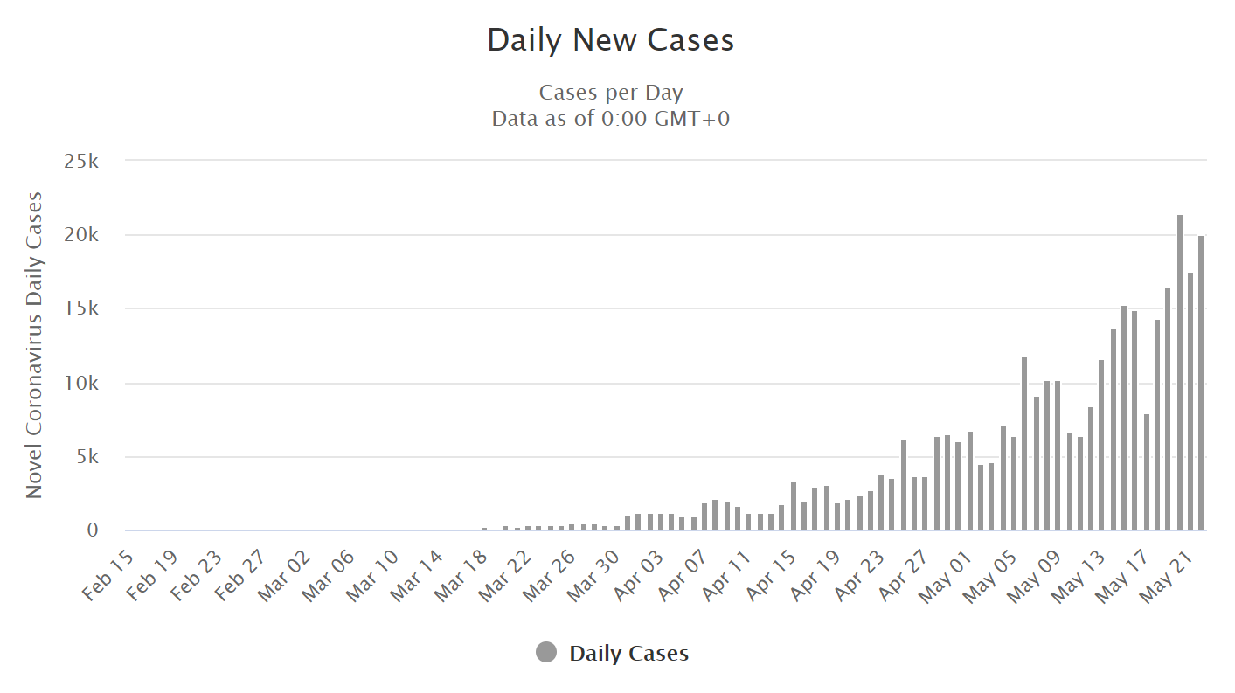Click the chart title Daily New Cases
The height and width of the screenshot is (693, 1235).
610,40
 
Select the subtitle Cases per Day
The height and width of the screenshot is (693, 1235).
611,93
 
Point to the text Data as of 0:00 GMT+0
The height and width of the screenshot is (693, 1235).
611,119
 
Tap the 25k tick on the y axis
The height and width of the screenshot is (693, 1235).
81,161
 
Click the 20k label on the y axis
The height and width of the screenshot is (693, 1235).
81,235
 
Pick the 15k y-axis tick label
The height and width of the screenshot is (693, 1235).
81,308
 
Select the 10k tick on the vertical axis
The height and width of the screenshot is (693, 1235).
81,383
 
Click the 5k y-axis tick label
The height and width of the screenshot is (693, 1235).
87,456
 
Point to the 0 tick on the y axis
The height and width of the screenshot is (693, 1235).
93,530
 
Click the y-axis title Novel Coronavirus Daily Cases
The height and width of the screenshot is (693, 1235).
33,345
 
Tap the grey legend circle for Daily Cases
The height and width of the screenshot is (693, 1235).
546,652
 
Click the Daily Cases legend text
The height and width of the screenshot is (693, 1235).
629,654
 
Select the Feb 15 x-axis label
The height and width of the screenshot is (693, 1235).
109,576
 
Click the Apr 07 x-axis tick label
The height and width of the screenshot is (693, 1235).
683,576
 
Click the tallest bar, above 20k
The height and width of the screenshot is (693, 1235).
1179,372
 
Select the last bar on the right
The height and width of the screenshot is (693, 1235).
1201,383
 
